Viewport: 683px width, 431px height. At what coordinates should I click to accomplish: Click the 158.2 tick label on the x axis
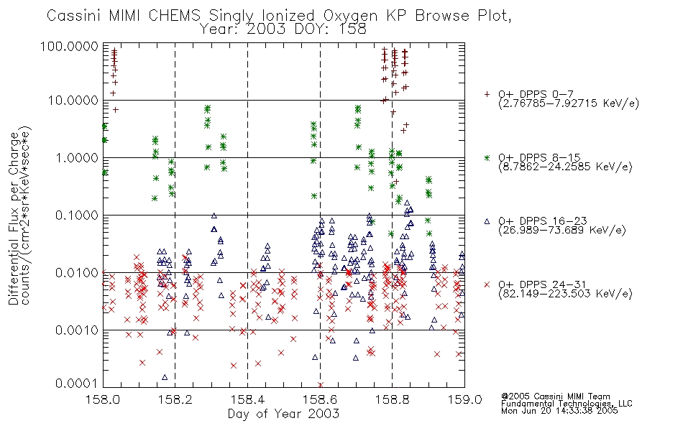(x=175, y=399)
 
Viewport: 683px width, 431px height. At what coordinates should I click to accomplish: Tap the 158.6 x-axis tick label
(x=320, y=399)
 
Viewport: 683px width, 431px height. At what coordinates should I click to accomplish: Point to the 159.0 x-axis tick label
(x=464, y=399)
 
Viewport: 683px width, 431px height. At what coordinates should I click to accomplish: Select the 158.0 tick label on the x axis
(x=104, y=399)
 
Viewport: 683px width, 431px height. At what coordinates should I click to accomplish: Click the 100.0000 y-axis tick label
(x=70, y=46)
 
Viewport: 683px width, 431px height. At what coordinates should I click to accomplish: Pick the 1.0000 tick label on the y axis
(x=77, y=157)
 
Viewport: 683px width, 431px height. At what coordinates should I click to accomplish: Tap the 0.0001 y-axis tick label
(x=77, y=384)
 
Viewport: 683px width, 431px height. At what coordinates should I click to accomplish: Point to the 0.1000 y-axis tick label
(x=77, y=215)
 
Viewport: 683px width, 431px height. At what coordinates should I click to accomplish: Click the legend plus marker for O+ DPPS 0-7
(x=487, y=94)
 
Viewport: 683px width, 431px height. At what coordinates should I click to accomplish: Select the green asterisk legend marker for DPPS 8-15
(x=487, y=157)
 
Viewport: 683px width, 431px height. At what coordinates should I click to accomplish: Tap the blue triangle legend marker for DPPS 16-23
(x=487, y=221)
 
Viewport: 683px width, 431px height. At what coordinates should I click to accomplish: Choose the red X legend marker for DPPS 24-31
(x=487, y=284)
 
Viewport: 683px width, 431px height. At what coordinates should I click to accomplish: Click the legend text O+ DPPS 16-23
(x=543, y=221)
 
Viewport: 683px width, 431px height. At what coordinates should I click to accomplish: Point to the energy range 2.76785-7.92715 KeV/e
(x=569, y=103)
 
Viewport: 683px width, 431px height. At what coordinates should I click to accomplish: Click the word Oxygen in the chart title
(x=351, y=16)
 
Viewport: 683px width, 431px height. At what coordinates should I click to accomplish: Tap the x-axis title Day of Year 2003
(x=283, y=414)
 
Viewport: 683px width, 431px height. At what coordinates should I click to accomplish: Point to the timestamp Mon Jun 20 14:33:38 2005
(x=559, y=411)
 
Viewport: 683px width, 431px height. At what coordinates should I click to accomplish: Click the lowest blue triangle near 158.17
(x=165, y=377)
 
